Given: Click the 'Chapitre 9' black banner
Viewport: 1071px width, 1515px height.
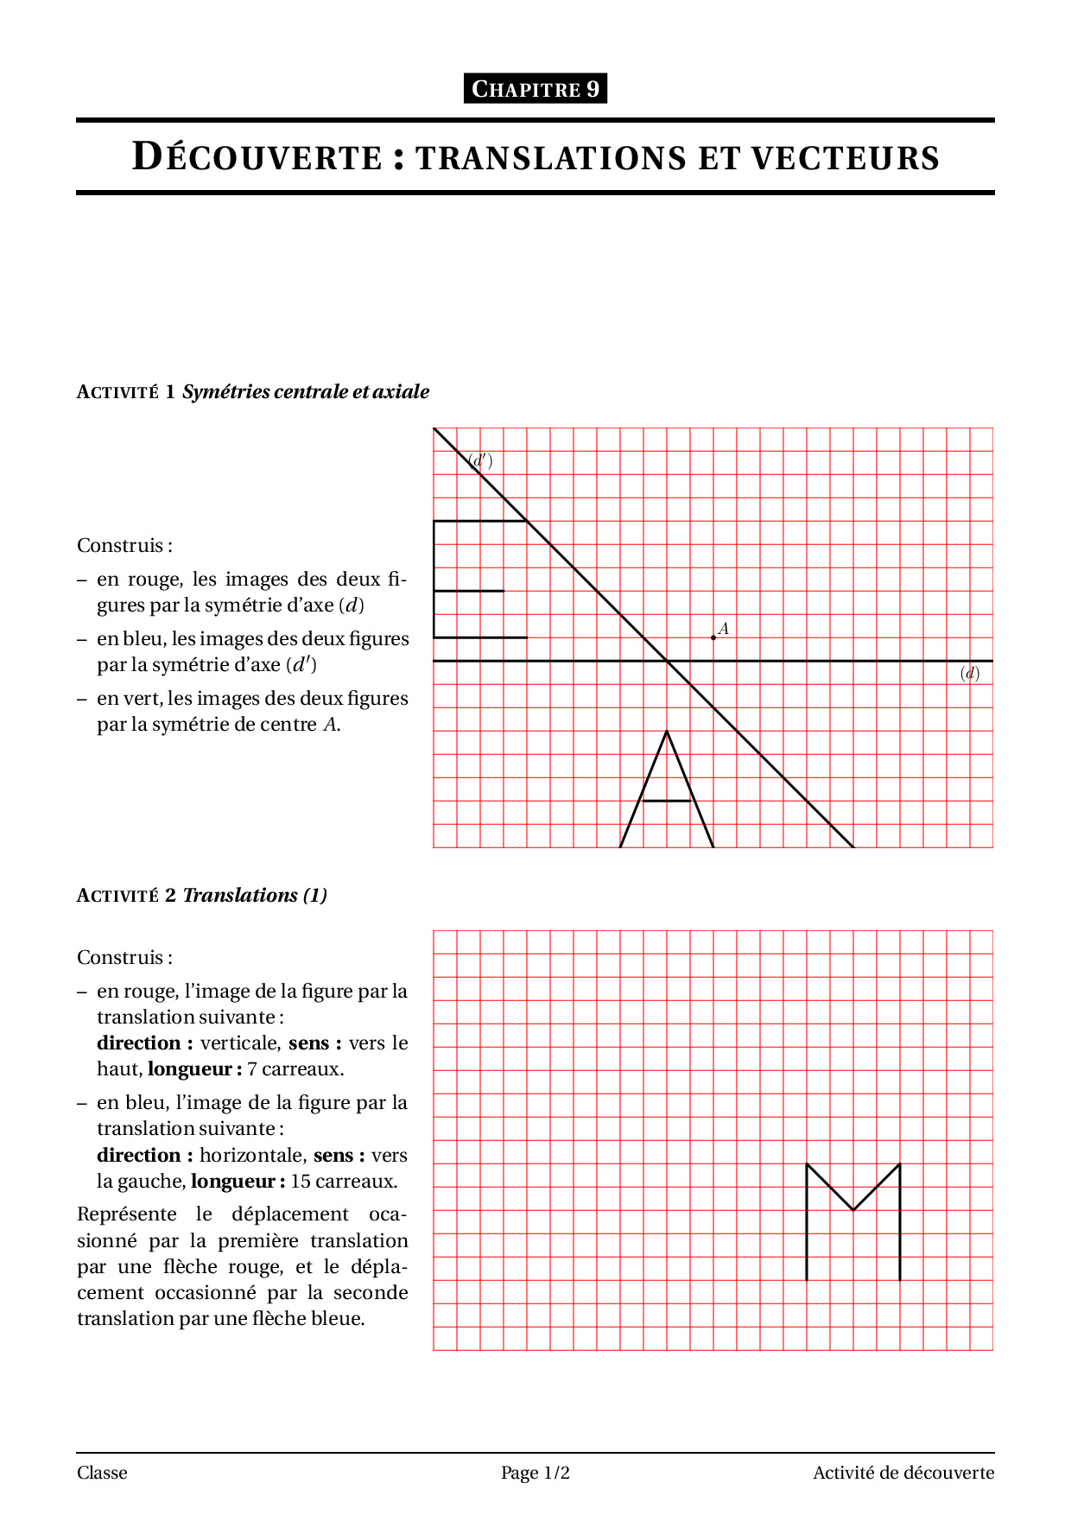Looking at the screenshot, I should [535, 89].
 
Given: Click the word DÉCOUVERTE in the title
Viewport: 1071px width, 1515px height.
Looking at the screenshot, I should [257, 157].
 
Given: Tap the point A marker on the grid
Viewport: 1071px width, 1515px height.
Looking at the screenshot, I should [713, 637].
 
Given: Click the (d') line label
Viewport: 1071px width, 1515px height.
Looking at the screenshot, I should [480, 460].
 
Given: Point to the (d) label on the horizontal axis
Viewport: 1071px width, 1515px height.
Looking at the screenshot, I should [970, 674].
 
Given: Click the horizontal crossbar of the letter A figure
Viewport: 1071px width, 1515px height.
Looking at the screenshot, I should [667, 801].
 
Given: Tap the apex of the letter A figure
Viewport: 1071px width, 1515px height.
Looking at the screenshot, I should [667, 732].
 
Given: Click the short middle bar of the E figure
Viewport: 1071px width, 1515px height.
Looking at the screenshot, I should [469, 591].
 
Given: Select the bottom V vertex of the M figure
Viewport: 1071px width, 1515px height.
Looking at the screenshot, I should [853, 1210].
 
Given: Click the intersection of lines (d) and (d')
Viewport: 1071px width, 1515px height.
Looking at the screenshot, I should [667, 661].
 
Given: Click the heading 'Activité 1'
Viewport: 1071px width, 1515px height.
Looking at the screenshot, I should [126, 392].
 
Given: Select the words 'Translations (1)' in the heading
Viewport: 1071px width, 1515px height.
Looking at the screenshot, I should [255, 895].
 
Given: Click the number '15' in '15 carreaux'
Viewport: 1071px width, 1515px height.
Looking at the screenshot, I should [301, 1181].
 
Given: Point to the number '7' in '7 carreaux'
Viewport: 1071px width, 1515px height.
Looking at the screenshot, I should [251, 1069].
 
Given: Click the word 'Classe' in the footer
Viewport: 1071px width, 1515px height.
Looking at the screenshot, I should [102, 1473].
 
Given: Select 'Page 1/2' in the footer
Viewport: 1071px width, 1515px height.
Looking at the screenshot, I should [535, 1473].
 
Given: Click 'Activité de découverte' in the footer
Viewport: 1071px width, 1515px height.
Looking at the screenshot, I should [903, 1473].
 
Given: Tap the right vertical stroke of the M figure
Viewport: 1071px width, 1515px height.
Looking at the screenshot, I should [900, 1227].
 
